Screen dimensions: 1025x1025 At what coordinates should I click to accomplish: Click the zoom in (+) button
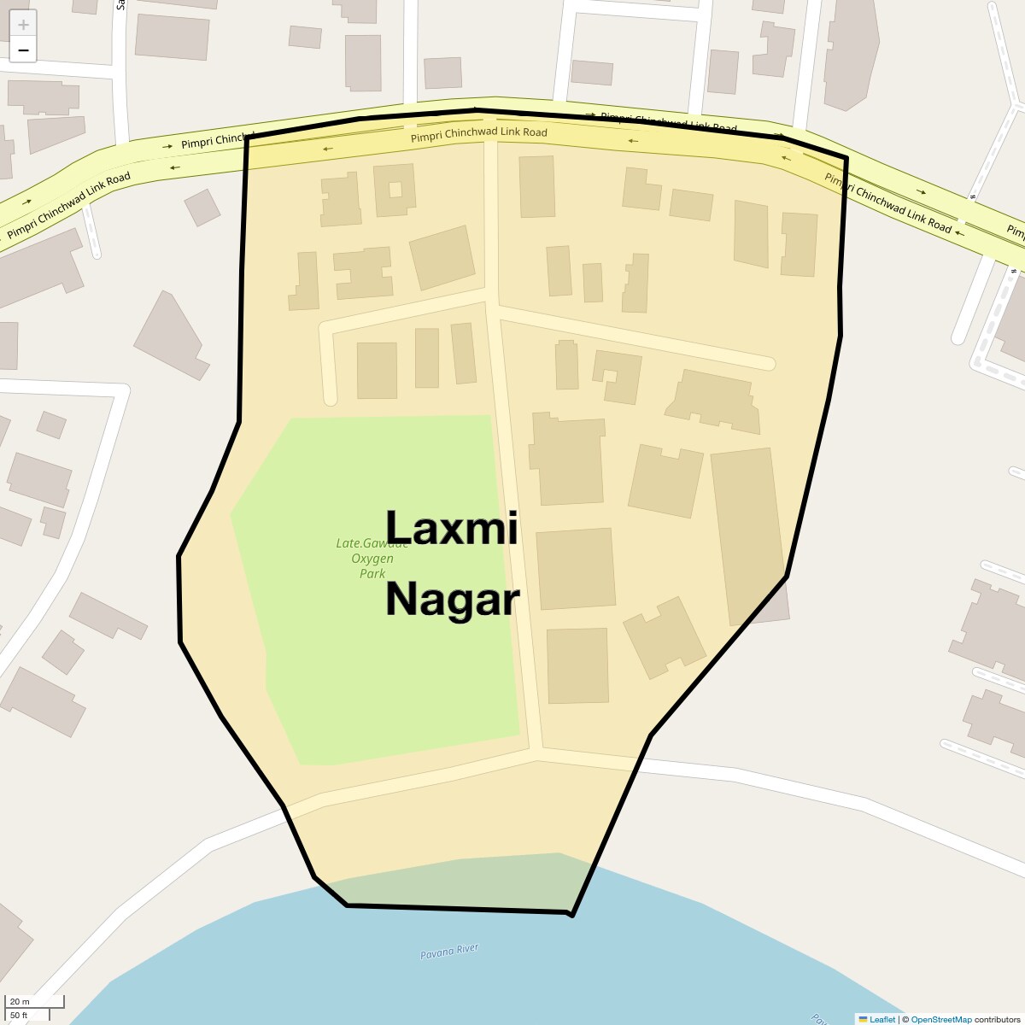[x=23, y=25]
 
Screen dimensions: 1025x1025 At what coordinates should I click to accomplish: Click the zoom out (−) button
[x=23, y=50]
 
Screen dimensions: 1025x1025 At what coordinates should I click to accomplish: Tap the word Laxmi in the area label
[x=451, y=527]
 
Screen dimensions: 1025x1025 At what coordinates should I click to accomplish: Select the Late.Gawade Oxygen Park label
[x=372, y=559]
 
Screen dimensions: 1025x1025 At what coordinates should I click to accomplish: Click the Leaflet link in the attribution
[x=882, y=1019]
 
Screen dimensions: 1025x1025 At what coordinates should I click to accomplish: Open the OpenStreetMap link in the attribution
[x=940, y=1019]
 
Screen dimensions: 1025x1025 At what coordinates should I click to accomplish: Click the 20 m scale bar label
[x=20, y=1002]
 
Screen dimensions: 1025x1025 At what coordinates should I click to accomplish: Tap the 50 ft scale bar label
[x=20, y=1015]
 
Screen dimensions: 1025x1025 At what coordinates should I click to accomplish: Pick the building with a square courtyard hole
[x=395, y=190]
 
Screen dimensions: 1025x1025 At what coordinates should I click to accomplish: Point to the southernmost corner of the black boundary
[x=571, y=916]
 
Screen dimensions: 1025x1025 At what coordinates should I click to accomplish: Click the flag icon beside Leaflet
[x=863, y=1019]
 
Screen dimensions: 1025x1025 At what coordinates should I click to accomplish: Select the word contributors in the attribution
[x=997, y=1019]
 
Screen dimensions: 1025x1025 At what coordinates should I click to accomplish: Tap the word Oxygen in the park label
[x=372, y=559]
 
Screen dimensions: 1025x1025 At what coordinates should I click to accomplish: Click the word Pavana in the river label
[x=436, y=954]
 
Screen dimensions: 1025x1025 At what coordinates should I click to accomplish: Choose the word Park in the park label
[x=372, y=574]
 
